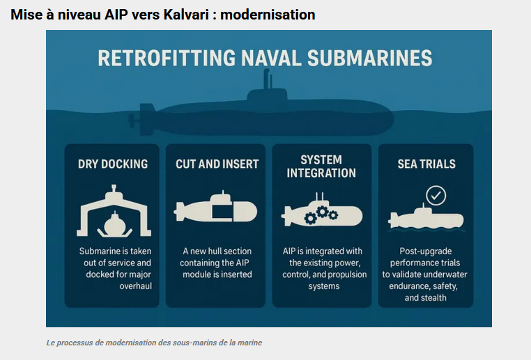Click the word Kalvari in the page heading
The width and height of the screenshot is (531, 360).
pyautogui.click(x=186, y=15)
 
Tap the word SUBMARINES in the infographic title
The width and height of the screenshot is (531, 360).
pyautogui.click(x=369, y=58)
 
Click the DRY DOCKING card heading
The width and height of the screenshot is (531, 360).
pyautogui.click(x=113, y=164)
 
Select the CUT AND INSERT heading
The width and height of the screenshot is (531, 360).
pyautogui.click(x=217, y=164)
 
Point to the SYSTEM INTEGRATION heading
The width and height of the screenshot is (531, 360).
pyautogui.click(x=321, y=166)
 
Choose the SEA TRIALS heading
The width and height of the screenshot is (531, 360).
pyautogui.click(x=426, y=164)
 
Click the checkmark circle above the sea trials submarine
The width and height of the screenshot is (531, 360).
pyautogui.click(x=436, y=196)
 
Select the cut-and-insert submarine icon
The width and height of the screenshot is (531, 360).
pyautogui.click(x=216, y=208)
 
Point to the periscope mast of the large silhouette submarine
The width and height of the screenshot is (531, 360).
pyautogui.click(x=268, y=79)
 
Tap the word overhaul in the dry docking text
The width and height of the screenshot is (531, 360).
pyautogui.click(x=135, y=286)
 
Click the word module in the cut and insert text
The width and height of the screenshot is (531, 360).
pyautogui.click(x=196, y=274)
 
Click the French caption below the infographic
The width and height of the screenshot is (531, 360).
pyautogui.click(x=154, y=343)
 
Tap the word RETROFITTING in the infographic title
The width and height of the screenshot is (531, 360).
pyautogui.click(x=167, y=58)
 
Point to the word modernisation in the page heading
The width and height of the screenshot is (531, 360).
pyautogui.click(x=268, y=15)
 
